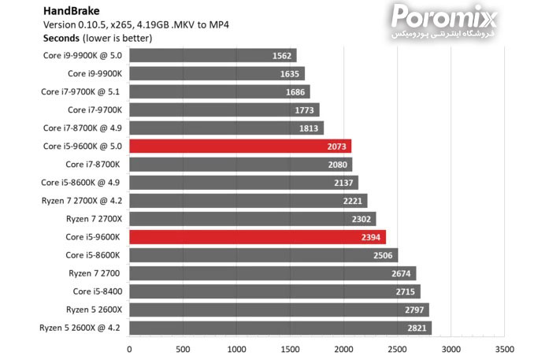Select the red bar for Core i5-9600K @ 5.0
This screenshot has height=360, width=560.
[240, 146]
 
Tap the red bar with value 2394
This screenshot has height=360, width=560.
[257, 236]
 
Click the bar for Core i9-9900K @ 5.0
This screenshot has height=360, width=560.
[213, 55]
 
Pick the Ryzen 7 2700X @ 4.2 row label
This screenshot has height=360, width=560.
[83, 201]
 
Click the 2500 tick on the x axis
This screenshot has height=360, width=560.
[397, 347]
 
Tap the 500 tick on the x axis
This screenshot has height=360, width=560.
[183, 347]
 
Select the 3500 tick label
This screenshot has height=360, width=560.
[504, 347]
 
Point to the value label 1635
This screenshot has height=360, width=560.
[290, 74]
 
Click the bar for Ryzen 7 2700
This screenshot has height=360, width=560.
[272, 273]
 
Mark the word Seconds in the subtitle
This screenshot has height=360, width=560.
[61, 37]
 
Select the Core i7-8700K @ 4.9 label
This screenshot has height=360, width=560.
[83, 128]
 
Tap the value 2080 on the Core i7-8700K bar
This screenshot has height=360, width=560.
[337, 165]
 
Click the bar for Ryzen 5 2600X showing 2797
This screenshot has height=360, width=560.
[279, 310]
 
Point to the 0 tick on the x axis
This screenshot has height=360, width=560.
[129, 347]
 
